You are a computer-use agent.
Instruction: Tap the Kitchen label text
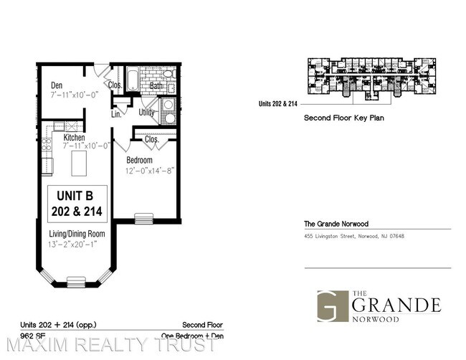(x=75, y=138)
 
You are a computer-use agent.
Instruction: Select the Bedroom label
(x=139, y=160)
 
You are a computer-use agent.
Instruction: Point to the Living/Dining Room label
(x=77, y=235)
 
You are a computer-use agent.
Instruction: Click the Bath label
(x=156, y=85)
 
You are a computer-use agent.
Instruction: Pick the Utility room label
(x=147, y=113)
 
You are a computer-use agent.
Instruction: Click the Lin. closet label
(x=117, y=113)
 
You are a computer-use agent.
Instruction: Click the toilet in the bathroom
(x=169, y=74)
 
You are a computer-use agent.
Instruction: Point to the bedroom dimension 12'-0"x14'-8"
(x=150, y=171)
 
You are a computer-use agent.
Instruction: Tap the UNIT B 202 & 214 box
(x=77, y=204)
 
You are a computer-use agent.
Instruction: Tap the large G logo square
(x=332, y=305)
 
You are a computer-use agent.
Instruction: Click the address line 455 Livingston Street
(x=354, y=237)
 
